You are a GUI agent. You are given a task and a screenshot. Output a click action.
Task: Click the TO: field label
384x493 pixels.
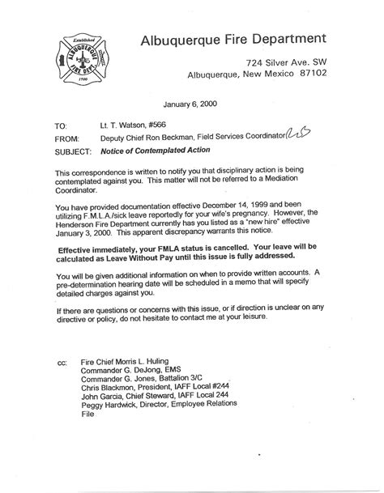(x=62, y=127)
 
